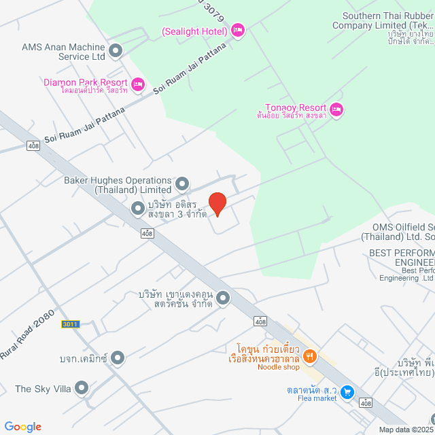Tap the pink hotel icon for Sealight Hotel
coord(237,30)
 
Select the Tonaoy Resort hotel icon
coord(337,109)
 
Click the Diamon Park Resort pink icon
coord(137,84)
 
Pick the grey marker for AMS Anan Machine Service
coord(116,50)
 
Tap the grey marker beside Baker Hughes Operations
coord(181,184)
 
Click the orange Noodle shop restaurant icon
coord(310,355)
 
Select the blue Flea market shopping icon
coord(347,392)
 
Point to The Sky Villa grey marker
coord(82,389)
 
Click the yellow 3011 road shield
coord(71,324)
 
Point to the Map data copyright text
coord(406,430)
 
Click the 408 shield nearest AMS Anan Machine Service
coord(33,145)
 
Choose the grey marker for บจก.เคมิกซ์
coord(118,357)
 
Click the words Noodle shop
coord(278,367)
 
